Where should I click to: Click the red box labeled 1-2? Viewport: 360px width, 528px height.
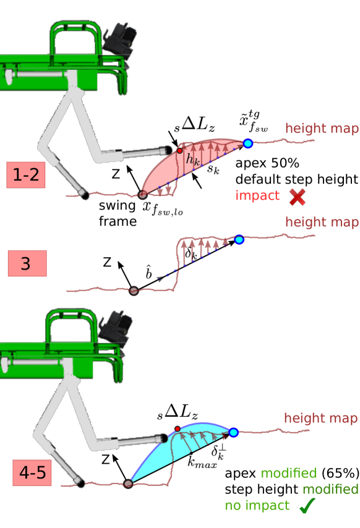click(26, 175)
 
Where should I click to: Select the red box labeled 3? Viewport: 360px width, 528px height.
click(26, 264)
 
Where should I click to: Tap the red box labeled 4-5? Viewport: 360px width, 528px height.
click(32, 474)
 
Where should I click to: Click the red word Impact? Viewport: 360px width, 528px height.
click(257, 196)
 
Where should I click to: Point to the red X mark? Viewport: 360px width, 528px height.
click(298, 197)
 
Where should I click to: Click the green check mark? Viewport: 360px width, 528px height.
click(307, 506)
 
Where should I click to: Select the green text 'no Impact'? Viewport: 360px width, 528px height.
click(257, 506)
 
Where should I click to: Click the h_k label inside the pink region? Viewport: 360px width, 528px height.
click(192, 160)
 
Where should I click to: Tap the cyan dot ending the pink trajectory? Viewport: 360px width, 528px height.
click(248, 143)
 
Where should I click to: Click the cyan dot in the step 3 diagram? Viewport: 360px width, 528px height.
click(239, 240)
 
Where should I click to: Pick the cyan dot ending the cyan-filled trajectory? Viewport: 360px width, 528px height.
click(233, 432)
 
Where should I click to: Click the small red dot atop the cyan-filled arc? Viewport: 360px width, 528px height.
click(178, 428)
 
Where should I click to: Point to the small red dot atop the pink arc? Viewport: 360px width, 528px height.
click(179, 150)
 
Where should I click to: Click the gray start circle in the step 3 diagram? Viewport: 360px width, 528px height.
click(133, 290)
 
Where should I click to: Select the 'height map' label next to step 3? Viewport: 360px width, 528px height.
click(322, 222)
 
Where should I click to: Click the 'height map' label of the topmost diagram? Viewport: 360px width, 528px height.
click(322, 129)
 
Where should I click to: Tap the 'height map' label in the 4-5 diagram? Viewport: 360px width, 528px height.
click(320, 419)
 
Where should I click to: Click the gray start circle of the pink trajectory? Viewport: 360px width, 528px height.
click(142, 195)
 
